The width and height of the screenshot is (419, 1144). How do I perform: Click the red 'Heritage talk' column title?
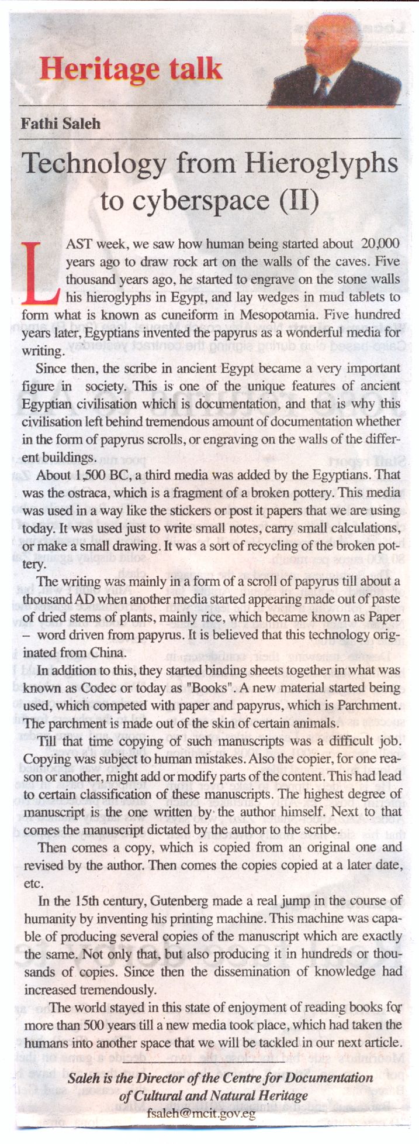click(x=130, y=69)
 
